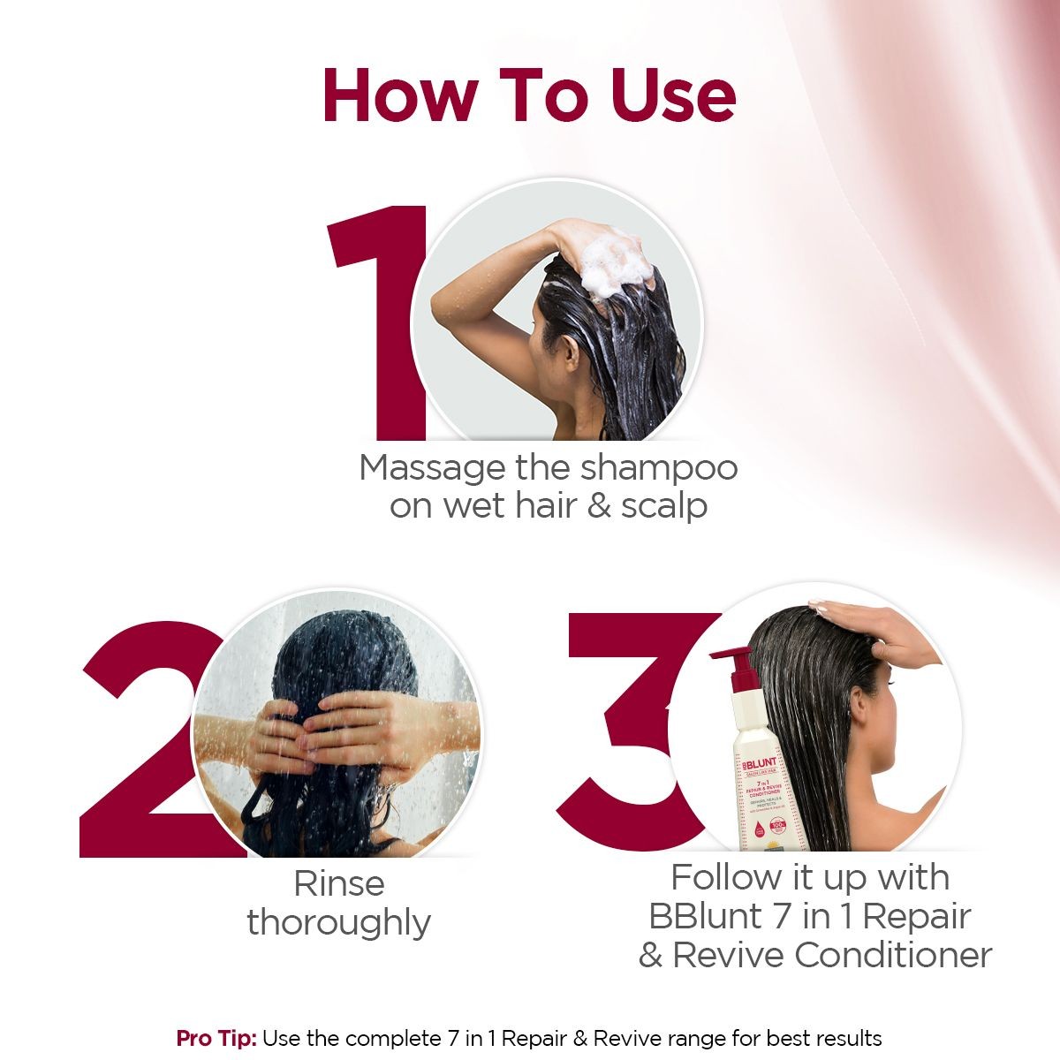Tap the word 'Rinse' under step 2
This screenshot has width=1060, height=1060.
pyautogui.click(x=338, y=883)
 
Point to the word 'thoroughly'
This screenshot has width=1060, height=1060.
pyautogui.click(x=338, y=923)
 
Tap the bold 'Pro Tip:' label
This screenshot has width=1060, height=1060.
pyautogui.click(x=216, y=1038)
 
